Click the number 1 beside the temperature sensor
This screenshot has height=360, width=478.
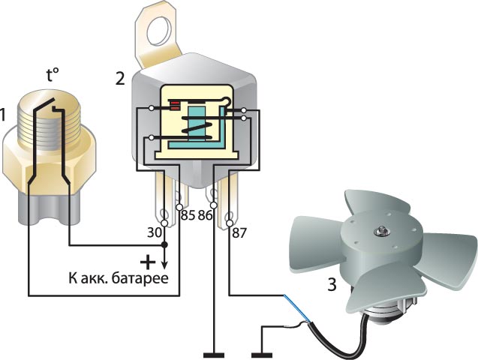2,115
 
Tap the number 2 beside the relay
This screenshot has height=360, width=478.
120,78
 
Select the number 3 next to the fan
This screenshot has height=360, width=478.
332,284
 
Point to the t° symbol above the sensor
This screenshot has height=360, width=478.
53,75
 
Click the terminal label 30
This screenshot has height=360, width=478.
154,233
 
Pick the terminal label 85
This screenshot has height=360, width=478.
188,216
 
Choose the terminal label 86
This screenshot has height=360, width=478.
205,216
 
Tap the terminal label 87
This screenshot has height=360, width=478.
239,233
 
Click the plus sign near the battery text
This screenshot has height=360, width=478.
148,262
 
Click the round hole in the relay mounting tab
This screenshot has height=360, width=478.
158,31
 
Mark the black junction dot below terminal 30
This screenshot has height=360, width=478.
164,244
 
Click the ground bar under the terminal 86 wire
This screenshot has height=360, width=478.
214,355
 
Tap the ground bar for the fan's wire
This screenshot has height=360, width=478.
262,355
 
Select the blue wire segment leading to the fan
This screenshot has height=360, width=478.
297,308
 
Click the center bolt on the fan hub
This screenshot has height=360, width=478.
381,232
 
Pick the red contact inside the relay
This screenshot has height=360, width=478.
175,106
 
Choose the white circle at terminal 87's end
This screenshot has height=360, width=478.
230,223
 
